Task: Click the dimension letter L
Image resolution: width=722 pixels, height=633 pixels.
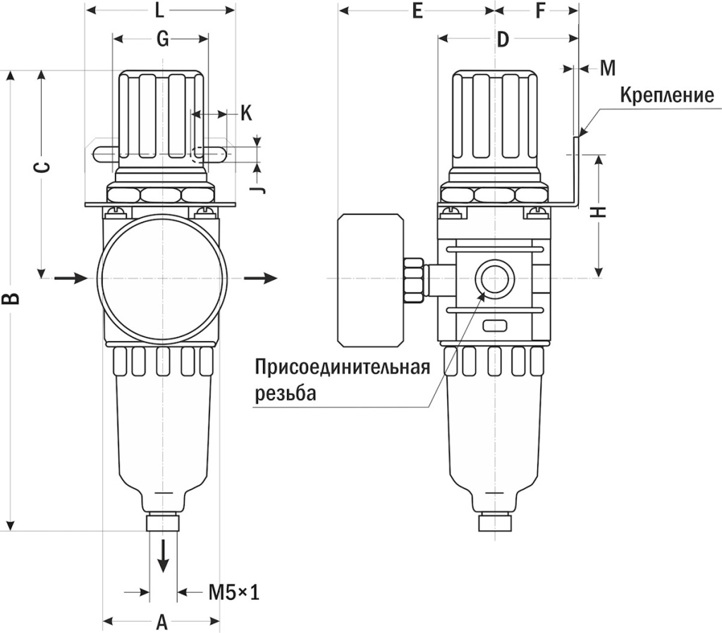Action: [159, 11]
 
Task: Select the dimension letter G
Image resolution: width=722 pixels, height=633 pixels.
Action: [161, 40]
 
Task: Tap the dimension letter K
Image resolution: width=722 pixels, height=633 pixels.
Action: [245, 113]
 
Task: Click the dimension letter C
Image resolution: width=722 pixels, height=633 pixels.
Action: [42, 167]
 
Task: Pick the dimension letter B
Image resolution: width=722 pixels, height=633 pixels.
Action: [11, 299]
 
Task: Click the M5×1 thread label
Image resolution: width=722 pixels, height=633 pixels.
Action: [234, 592]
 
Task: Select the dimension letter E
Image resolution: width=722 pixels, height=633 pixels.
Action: [417, 11]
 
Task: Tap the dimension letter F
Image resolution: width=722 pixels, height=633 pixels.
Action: [541, 11]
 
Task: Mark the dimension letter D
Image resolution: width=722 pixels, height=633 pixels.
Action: [502, 40]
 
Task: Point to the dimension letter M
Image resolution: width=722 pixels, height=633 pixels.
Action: [608, 68]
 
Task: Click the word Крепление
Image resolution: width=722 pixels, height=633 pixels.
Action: [667, 95]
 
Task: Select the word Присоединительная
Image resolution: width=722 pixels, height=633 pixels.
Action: [342, 369]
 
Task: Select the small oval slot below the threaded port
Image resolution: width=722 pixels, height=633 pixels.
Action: [494, 326]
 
